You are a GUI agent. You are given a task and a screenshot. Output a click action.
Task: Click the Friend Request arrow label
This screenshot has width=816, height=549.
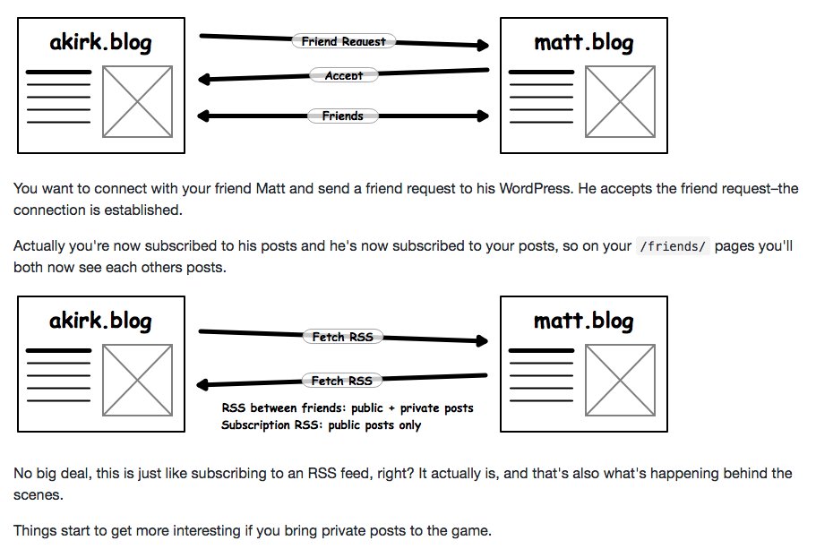click(343, 41)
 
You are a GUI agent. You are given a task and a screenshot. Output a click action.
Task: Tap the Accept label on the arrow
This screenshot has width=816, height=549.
click(343, 75)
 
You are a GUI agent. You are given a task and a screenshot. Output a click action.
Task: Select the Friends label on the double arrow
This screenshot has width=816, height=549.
click(342, 116)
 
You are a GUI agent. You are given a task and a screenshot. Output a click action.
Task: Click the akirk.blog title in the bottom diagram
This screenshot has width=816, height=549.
click(100, 322)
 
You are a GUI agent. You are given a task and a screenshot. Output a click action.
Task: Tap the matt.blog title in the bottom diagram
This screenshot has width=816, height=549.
click(584, 322)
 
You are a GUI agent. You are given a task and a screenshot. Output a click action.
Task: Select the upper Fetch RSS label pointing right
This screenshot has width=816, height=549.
click(342, 337)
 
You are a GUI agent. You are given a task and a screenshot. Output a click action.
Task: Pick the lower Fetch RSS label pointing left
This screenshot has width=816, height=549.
click(342, 381)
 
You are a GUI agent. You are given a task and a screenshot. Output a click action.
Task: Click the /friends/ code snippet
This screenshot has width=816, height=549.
click(673, 246)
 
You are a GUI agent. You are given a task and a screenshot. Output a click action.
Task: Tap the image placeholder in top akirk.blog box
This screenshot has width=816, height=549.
click(137, 101)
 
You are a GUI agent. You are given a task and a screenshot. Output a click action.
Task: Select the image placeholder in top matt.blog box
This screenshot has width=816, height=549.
click(621, 101)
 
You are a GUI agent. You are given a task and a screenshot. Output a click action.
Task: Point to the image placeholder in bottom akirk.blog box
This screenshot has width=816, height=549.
click(137, 380)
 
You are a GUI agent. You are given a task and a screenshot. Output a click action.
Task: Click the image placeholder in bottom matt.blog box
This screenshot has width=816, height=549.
click(621, 380)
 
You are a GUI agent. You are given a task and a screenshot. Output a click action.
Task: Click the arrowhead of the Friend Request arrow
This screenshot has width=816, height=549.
click(483, 46)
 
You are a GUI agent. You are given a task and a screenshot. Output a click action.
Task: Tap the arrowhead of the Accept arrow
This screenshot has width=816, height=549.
click(203, 79)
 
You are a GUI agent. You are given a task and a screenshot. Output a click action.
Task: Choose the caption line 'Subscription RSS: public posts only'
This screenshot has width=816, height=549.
click(321, 425)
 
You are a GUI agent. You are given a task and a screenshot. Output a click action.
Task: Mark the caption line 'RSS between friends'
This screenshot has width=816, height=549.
click(348, 408)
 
